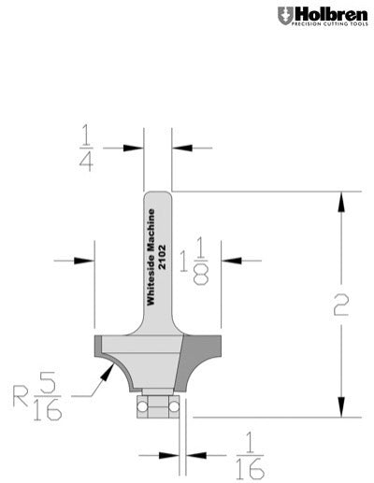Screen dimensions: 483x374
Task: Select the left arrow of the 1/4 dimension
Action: tap(138, 148)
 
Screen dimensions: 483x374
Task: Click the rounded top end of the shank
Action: tap(158, 193)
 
